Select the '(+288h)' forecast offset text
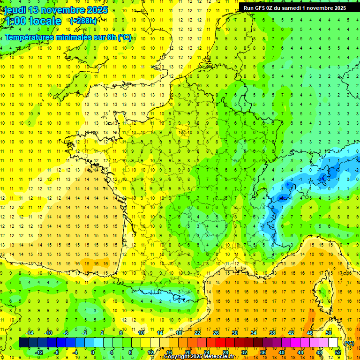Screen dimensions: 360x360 (x=83, y=21)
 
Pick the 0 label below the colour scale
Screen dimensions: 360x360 (x=93, y=352)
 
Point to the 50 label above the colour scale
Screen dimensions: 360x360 (x=328, y=332)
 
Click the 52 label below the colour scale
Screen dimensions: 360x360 (x=337, y=352)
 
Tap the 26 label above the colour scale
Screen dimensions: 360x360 (x=216, y=332)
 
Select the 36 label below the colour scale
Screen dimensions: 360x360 (x=262, y=352)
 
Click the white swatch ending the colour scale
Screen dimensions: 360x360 (x=333, y=343)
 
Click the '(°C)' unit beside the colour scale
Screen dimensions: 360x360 (x=349, y=343)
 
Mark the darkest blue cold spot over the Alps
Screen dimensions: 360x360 (x=282, y=198)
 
